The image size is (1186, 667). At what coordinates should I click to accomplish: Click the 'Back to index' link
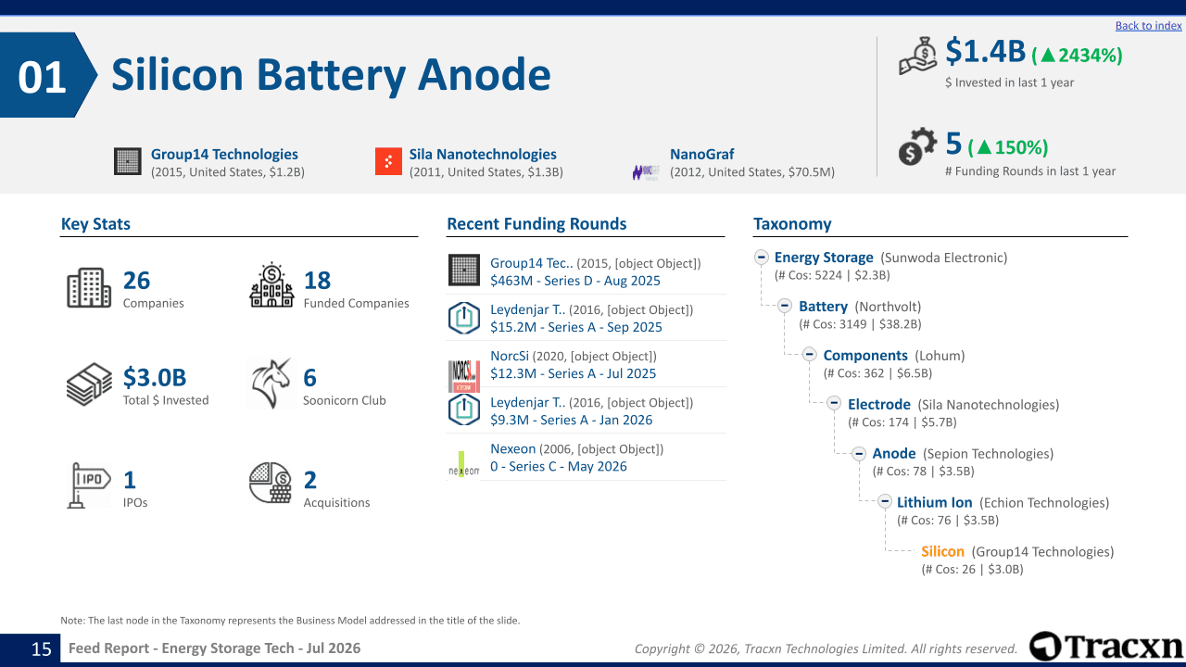1148,25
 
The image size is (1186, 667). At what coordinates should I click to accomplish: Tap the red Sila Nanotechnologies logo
388,161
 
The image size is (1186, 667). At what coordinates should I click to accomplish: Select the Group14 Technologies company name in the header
224,154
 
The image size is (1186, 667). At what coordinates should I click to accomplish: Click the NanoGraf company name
701,154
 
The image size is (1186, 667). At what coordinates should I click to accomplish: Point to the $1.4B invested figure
985,52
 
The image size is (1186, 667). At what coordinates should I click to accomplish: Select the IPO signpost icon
88,485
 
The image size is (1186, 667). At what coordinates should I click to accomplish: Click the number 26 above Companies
136,281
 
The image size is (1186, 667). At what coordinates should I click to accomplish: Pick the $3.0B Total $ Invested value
155,377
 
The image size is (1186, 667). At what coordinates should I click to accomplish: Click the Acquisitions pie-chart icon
271,483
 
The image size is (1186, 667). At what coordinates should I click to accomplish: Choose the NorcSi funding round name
510,356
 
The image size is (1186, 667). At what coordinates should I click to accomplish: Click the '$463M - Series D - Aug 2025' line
575,281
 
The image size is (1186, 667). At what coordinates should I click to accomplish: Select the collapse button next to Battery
785,306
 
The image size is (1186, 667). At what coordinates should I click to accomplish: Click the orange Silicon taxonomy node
942,551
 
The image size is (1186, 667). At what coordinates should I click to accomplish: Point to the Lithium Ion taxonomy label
935,502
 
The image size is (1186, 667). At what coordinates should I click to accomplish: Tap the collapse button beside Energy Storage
762,258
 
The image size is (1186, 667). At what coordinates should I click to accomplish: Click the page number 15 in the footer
42,649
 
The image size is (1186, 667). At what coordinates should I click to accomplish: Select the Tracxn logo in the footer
1105,647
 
